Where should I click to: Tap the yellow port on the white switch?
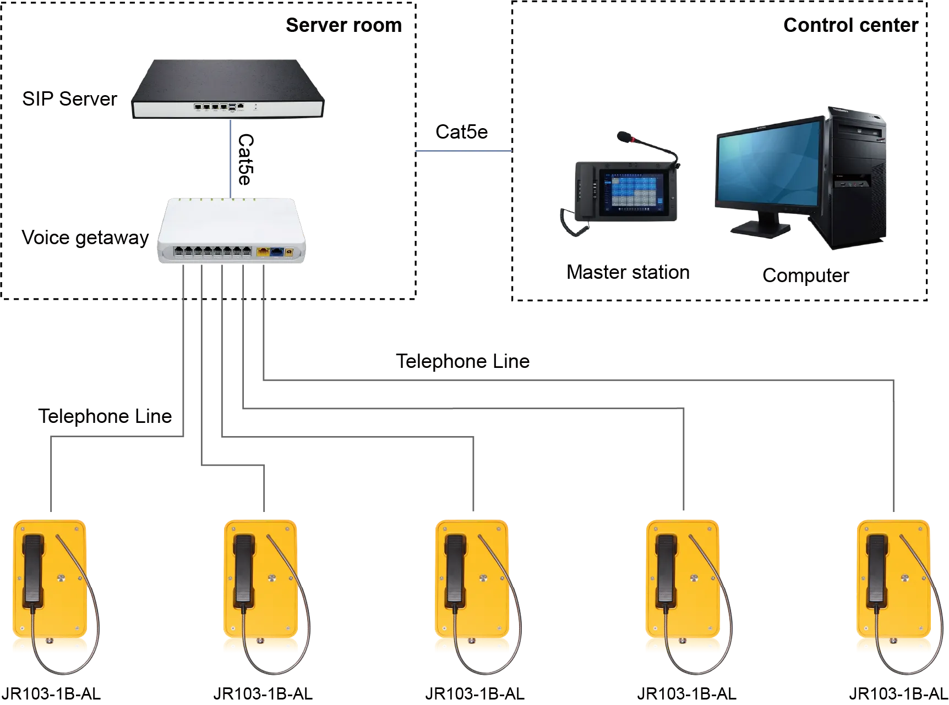[x=263, y=252]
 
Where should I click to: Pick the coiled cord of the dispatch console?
[x=572, y=220]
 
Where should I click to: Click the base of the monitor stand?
[x=762, y=228]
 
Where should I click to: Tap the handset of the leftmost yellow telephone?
[x=33, y=569]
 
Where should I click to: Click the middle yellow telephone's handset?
[x=455, y=569]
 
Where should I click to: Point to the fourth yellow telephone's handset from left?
[x=666, y=569]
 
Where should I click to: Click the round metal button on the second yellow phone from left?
[x=271, y=578]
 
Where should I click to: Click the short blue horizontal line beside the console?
[x=463, y=151]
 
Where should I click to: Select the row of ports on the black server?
[x=210, y=107]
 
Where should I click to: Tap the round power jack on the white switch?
[x=288, y=253]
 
